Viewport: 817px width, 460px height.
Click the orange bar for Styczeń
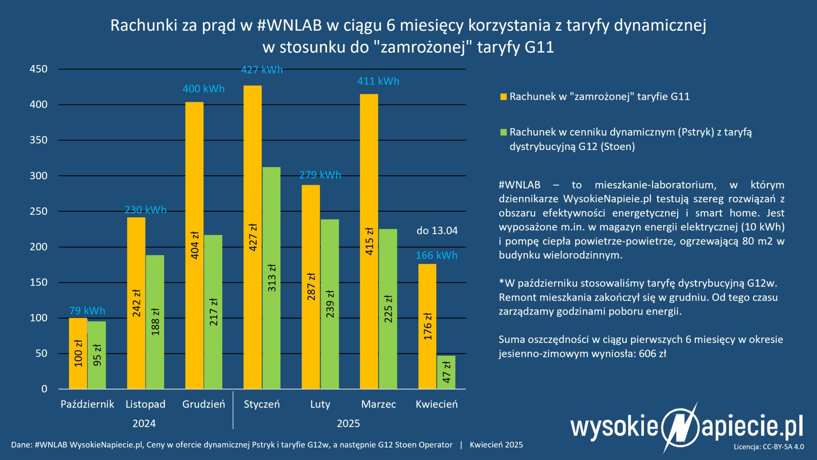253,237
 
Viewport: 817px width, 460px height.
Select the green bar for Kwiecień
446,372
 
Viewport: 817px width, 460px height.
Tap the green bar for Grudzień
213,312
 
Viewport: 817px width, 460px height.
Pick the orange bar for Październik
78,353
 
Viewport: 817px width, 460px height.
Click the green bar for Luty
330,304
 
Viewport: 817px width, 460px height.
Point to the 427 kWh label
262,70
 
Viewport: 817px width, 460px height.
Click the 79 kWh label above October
87,310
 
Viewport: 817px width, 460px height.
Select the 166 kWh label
436,255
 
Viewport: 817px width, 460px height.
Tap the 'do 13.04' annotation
437,231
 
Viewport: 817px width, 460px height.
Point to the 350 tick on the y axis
39,140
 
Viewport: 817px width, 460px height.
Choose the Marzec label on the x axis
379,404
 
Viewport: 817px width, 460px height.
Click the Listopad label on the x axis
145,404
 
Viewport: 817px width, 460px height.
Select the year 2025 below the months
348,423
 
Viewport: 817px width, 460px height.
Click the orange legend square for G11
503,97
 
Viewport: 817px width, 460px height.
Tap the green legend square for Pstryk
503,132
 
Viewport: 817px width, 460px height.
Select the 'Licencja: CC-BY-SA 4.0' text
769,446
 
